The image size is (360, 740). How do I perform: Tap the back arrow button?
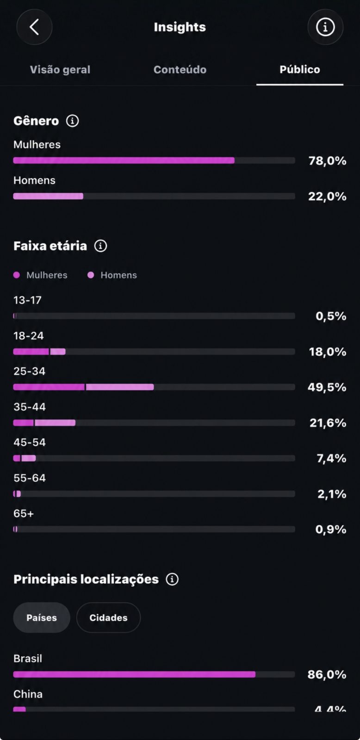click(34, 27)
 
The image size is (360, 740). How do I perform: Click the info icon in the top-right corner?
click(325, 27)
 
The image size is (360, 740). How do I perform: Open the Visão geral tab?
click(60, 69)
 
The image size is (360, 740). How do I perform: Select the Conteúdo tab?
click(180, 69)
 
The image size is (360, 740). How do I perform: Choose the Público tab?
click(300, 69)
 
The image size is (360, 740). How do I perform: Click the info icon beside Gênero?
click(72, 121)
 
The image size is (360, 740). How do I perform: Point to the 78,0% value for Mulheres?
click(327, 160)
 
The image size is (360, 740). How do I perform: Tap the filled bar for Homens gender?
click(48, 196)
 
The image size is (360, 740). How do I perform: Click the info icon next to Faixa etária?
click(100, 246)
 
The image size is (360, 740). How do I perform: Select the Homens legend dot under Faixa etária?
click(91, 275)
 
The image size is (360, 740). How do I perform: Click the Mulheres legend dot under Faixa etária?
click(17, 275)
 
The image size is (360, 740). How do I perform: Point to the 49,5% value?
click(327, 387)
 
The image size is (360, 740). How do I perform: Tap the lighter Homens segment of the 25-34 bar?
click(120, 387)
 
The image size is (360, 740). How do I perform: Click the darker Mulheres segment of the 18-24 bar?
click(31, 351)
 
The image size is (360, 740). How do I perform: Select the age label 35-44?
click(30, 407)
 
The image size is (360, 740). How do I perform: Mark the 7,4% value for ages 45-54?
click(332, 458)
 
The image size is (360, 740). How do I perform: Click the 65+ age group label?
click(24, 513)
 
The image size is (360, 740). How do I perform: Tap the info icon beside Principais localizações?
click(172, 579)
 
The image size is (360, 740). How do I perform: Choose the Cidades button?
click(108, 618)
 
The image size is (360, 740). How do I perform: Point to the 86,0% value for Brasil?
click(327, 675)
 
